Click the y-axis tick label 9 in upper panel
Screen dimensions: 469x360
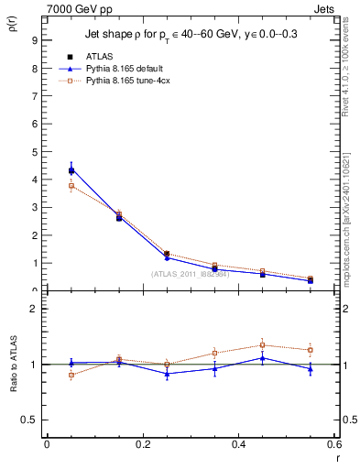[x=33, y=40]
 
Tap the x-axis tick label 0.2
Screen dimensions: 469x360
[x=142, y=445]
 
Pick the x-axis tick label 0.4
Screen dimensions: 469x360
[x=237, y=445]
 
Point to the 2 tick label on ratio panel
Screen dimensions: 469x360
[x=33, y=309]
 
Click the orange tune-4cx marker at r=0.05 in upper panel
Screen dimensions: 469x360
[x=71, y=186]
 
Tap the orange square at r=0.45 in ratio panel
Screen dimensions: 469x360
[x=262, y=345]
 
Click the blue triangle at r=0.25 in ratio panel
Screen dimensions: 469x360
[x=167, y=374]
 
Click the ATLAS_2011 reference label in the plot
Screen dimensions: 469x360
[x=189, y=274]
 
